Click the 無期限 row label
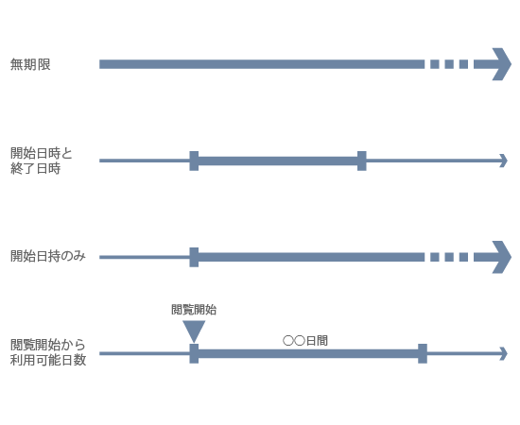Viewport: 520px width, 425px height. click(30, 64)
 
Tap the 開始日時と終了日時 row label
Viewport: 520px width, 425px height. click(41, 161)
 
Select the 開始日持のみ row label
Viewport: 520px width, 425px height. click(48, 256)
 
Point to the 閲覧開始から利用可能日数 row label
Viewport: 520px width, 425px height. click(48, 352)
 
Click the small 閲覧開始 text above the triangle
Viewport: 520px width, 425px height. click(194, 310)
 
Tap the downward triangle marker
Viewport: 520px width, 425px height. click(194, 331)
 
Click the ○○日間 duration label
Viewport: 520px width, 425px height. click(305, 341)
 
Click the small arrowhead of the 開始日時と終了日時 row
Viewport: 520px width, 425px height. click(504, 161)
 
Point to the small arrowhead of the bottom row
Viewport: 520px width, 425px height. click(504, 353)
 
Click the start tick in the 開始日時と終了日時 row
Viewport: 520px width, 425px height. click(194, 161)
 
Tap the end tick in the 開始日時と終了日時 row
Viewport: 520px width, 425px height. click(362, 161)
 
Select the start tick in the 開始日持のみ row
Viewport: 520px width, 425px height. click(194, 257)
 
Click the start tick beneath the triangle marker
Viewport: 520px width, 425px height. click(194, 353)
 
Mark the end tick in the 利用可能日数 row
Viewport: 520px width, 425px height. click(423, 353)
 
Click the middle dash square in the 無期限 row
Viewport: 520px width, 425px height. click(449, 64)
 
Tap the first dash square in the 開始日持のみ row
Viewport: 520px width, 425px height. click(435, 257)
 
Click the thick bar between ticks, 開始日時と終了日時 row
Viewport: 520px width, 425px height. click(278, 161)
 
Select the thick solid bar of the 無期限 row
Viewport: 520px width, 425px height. click(262, 64)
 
